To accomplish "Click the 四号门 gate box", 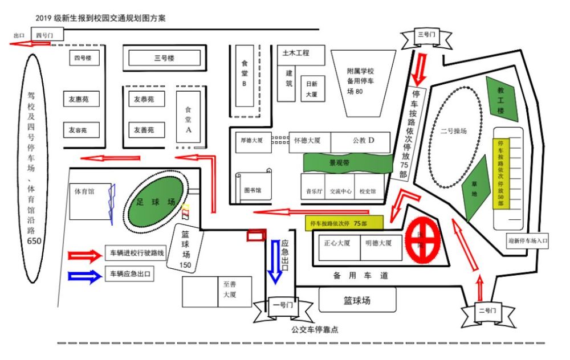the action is point(45,35).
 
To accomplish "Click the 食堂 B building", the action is point(244,75).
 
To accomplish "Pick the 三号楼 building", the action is point(164,58).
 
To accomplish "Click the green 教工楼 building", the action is point(502,98).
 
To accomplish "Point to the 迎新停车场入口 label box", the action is point(528,240).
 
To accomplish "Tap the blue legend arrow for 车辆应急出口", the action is point(84,275).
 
